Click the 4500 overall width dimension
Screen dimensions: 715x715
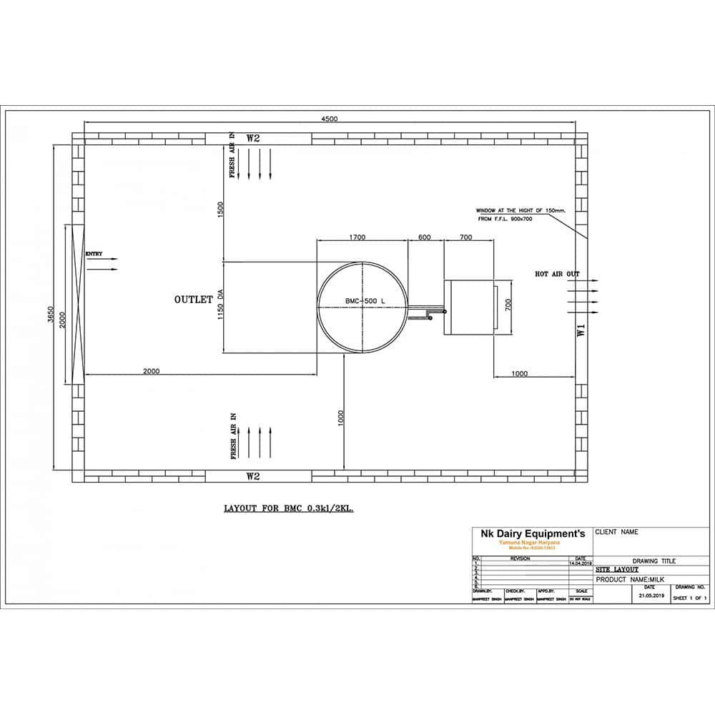click(x=329, y=119)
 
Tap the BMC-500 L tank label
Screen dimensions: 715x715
click(x=363, y=302)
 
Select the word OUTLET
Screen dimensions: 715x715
click(x=193, y=300)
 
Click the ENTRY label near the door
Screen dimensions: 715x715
click(x=94, y=254)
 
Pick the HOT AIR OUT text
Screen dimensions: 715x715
click(x=558, y=274)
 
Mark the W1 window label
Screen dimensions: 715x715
click(x=581, y=330)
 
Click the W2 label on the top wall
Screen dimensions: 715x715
click(x=252, y=138)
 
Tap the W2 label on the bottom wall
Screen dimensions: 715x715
click(x=252, y=475)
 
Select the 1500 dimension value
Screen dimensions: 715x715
click(x=221, y=209)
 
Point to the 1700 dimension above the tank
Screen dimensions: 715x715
click(x=357, y=237)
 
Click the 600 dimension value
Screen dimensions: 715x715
click(x=425, y=237)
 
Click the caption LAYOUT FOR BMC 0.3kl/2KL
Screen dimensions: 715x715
click(x=289, y=509)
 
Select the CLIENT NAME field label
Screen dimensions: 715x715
click(x=616, y=532)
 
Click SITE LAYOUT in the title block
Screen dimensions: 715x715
click(x=616, y=571)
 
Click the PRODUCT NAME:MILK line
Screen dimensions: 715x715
click(x=631, y=579)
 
